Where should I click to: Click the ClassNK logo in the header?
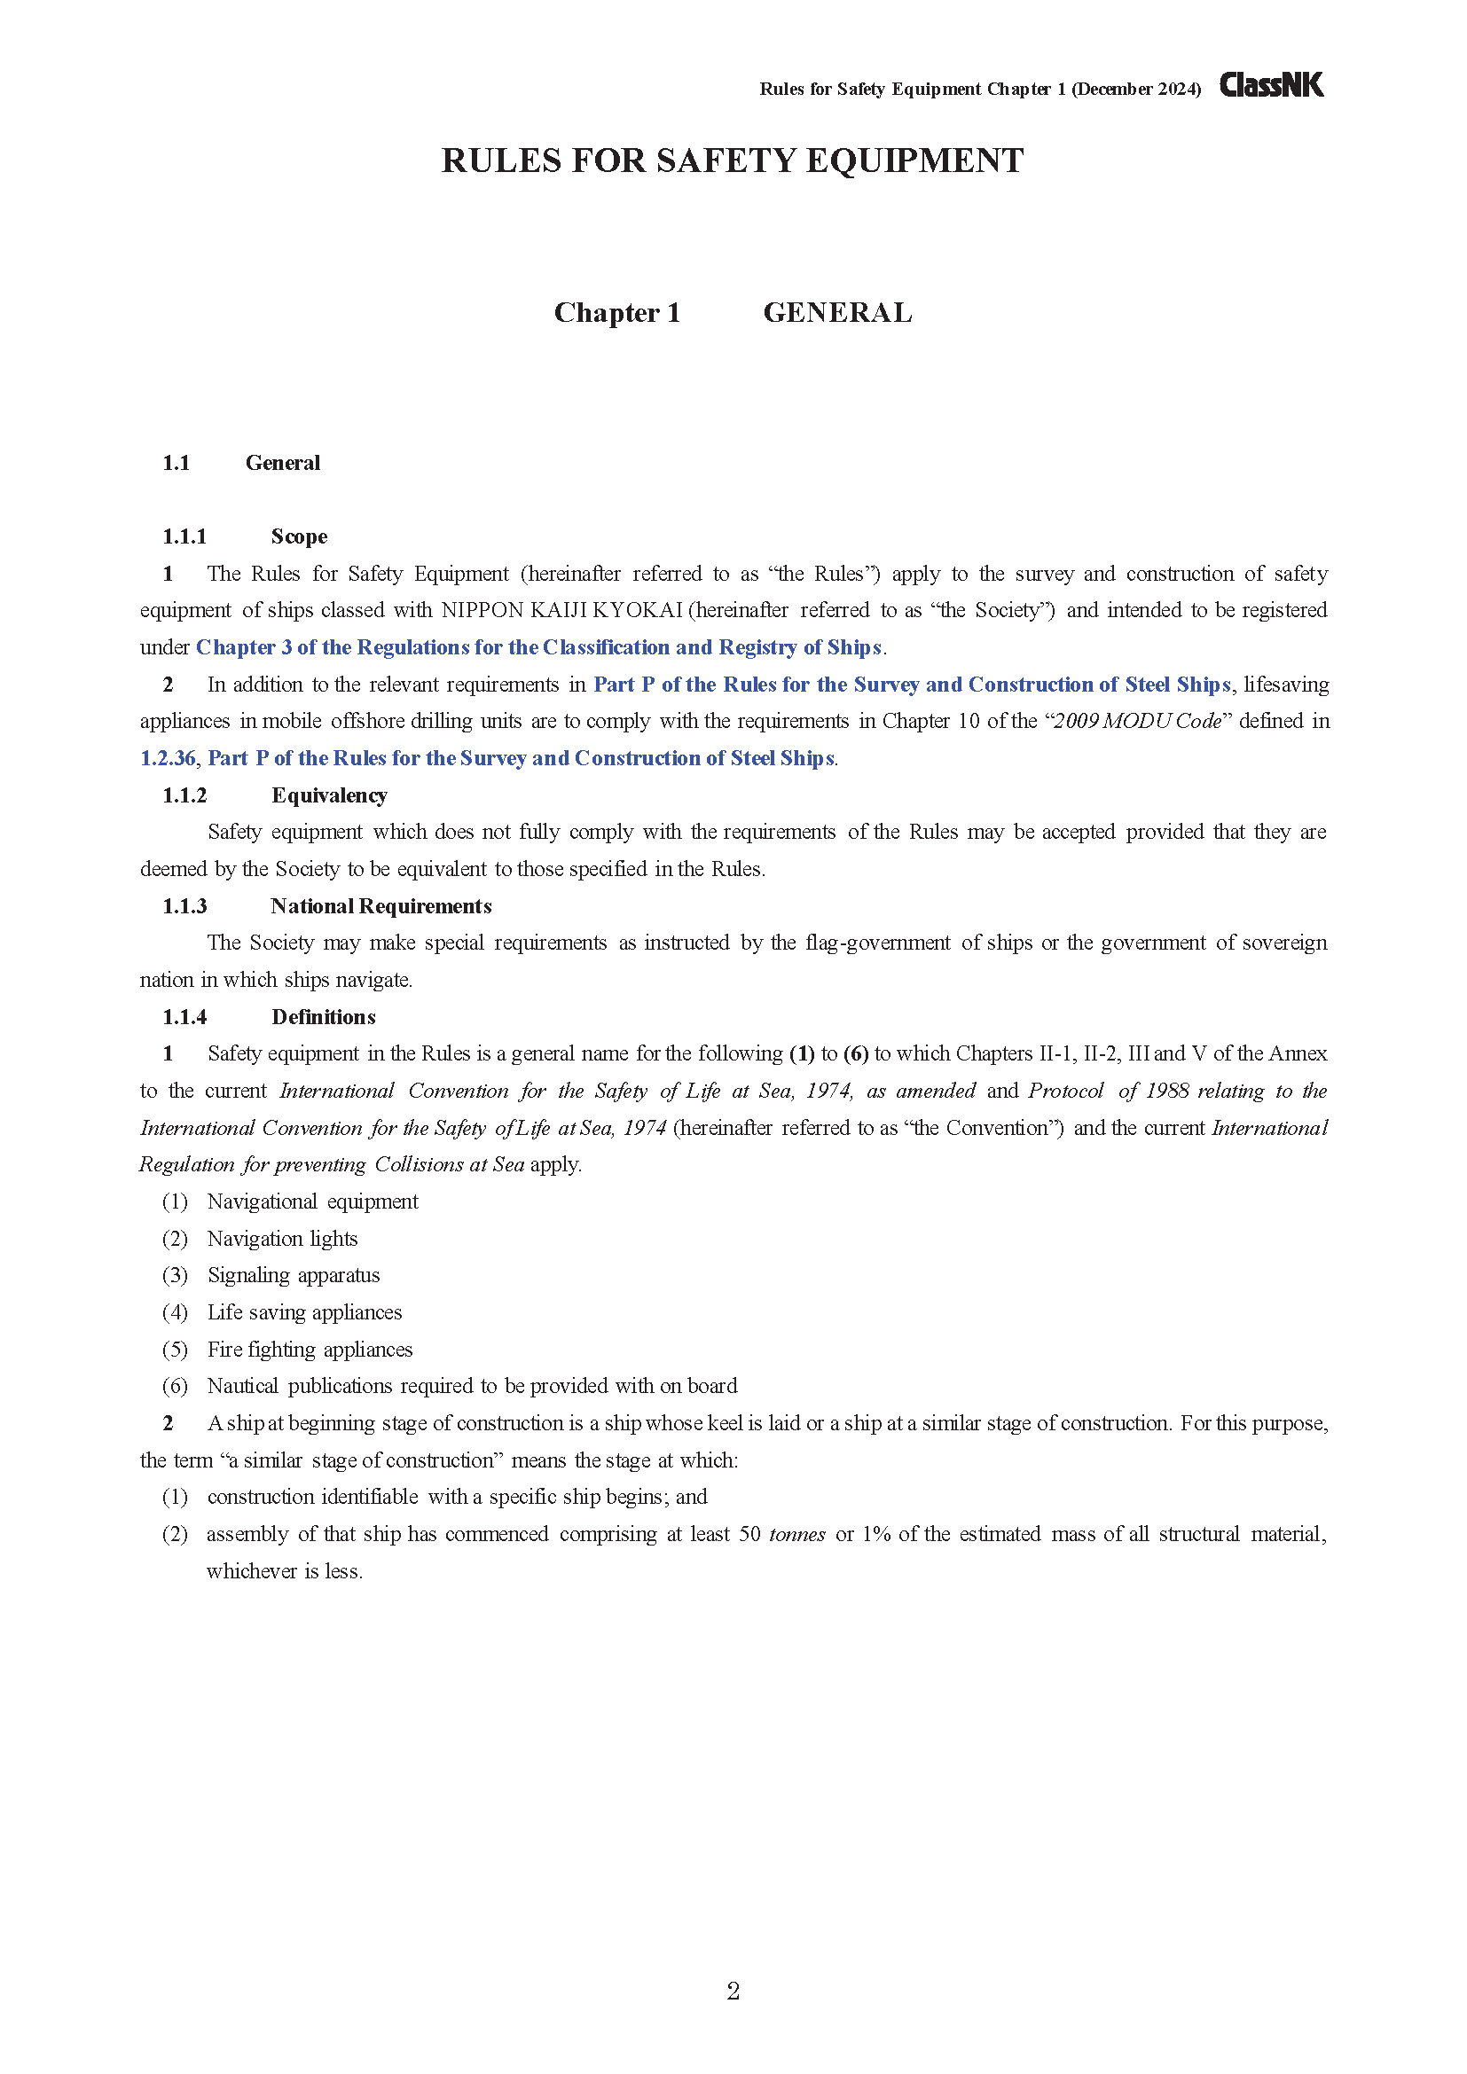[1271, 85]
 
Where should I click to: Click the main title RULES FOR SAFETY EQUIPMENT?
[733, 160]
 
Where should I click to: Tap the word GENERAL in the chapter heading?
[837, 312]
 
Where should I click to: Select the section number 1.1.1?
[184, 536]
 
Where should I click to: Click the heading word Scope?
[299, 536]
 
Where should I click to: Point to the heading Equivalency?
[329, 794]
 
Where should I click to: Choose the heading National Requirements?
[381, 906]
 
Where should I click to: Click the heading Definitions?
[324, 1017]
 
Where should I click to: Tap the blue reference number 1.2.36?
[168, 758]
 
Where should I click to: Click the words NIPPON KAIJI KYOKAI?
[561, 611]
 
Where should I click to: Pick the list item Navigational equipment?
[312, 1201]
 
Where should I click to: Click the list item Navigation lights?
[283, 1239]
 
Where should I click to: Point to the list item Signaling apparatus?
[294, 1275]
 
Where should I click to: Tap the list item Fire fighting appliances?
[310, 1350]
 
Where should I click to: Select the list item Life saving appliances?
[304, 1312]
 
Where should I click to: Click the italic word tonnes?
[796, 1535]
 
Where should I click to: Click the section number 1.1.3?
[184, 906]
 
